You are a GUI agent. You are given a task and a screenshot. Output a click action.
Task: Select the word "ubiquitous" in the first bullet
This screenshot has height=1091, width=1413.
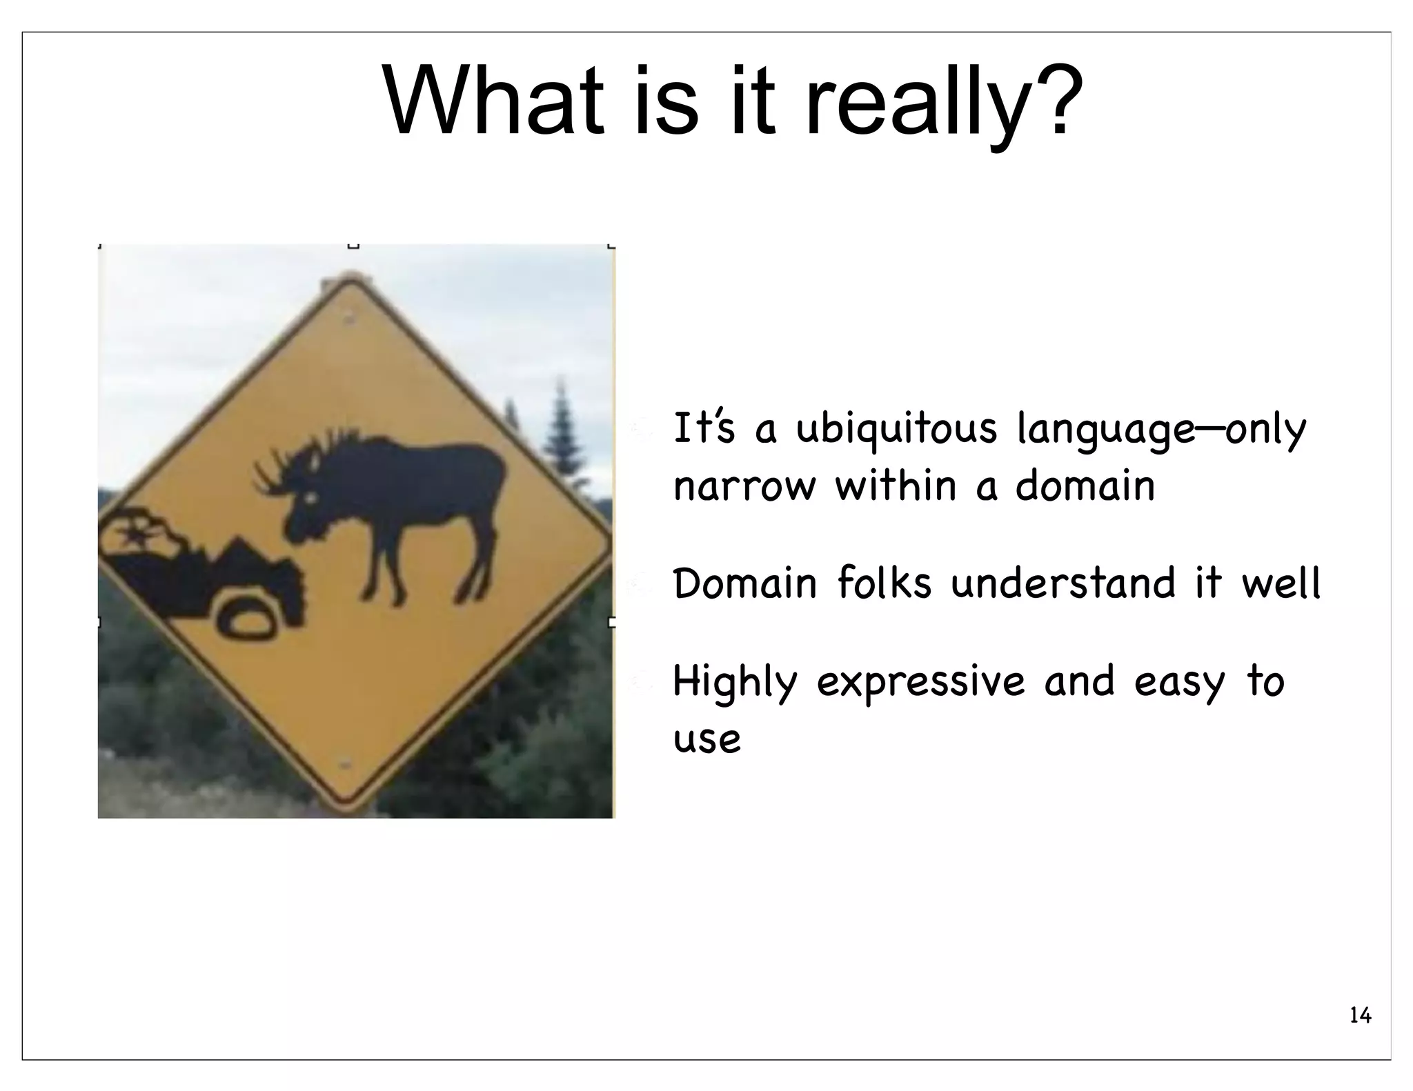(x=896, y=430)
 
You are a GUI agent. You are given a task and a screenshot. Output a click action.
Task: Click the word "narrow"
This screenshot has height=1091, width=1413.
(x=744, y=487)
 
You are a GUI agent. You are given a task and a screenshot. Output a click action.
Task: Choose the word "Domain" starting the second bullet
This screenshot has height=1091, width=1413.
(x=744, y=583)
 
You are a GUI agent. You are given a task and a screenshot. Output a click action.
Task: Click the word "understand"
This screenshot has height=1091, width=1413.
(x=1063, y=583)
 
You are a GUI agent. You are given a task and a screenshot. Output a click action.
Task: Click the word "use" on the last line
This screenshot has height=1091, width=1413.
(x=706, y=739)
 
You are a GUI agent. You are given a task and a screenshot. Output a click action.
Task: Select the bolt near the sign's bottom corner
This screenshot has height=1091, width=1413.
(x=345, y=763)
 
